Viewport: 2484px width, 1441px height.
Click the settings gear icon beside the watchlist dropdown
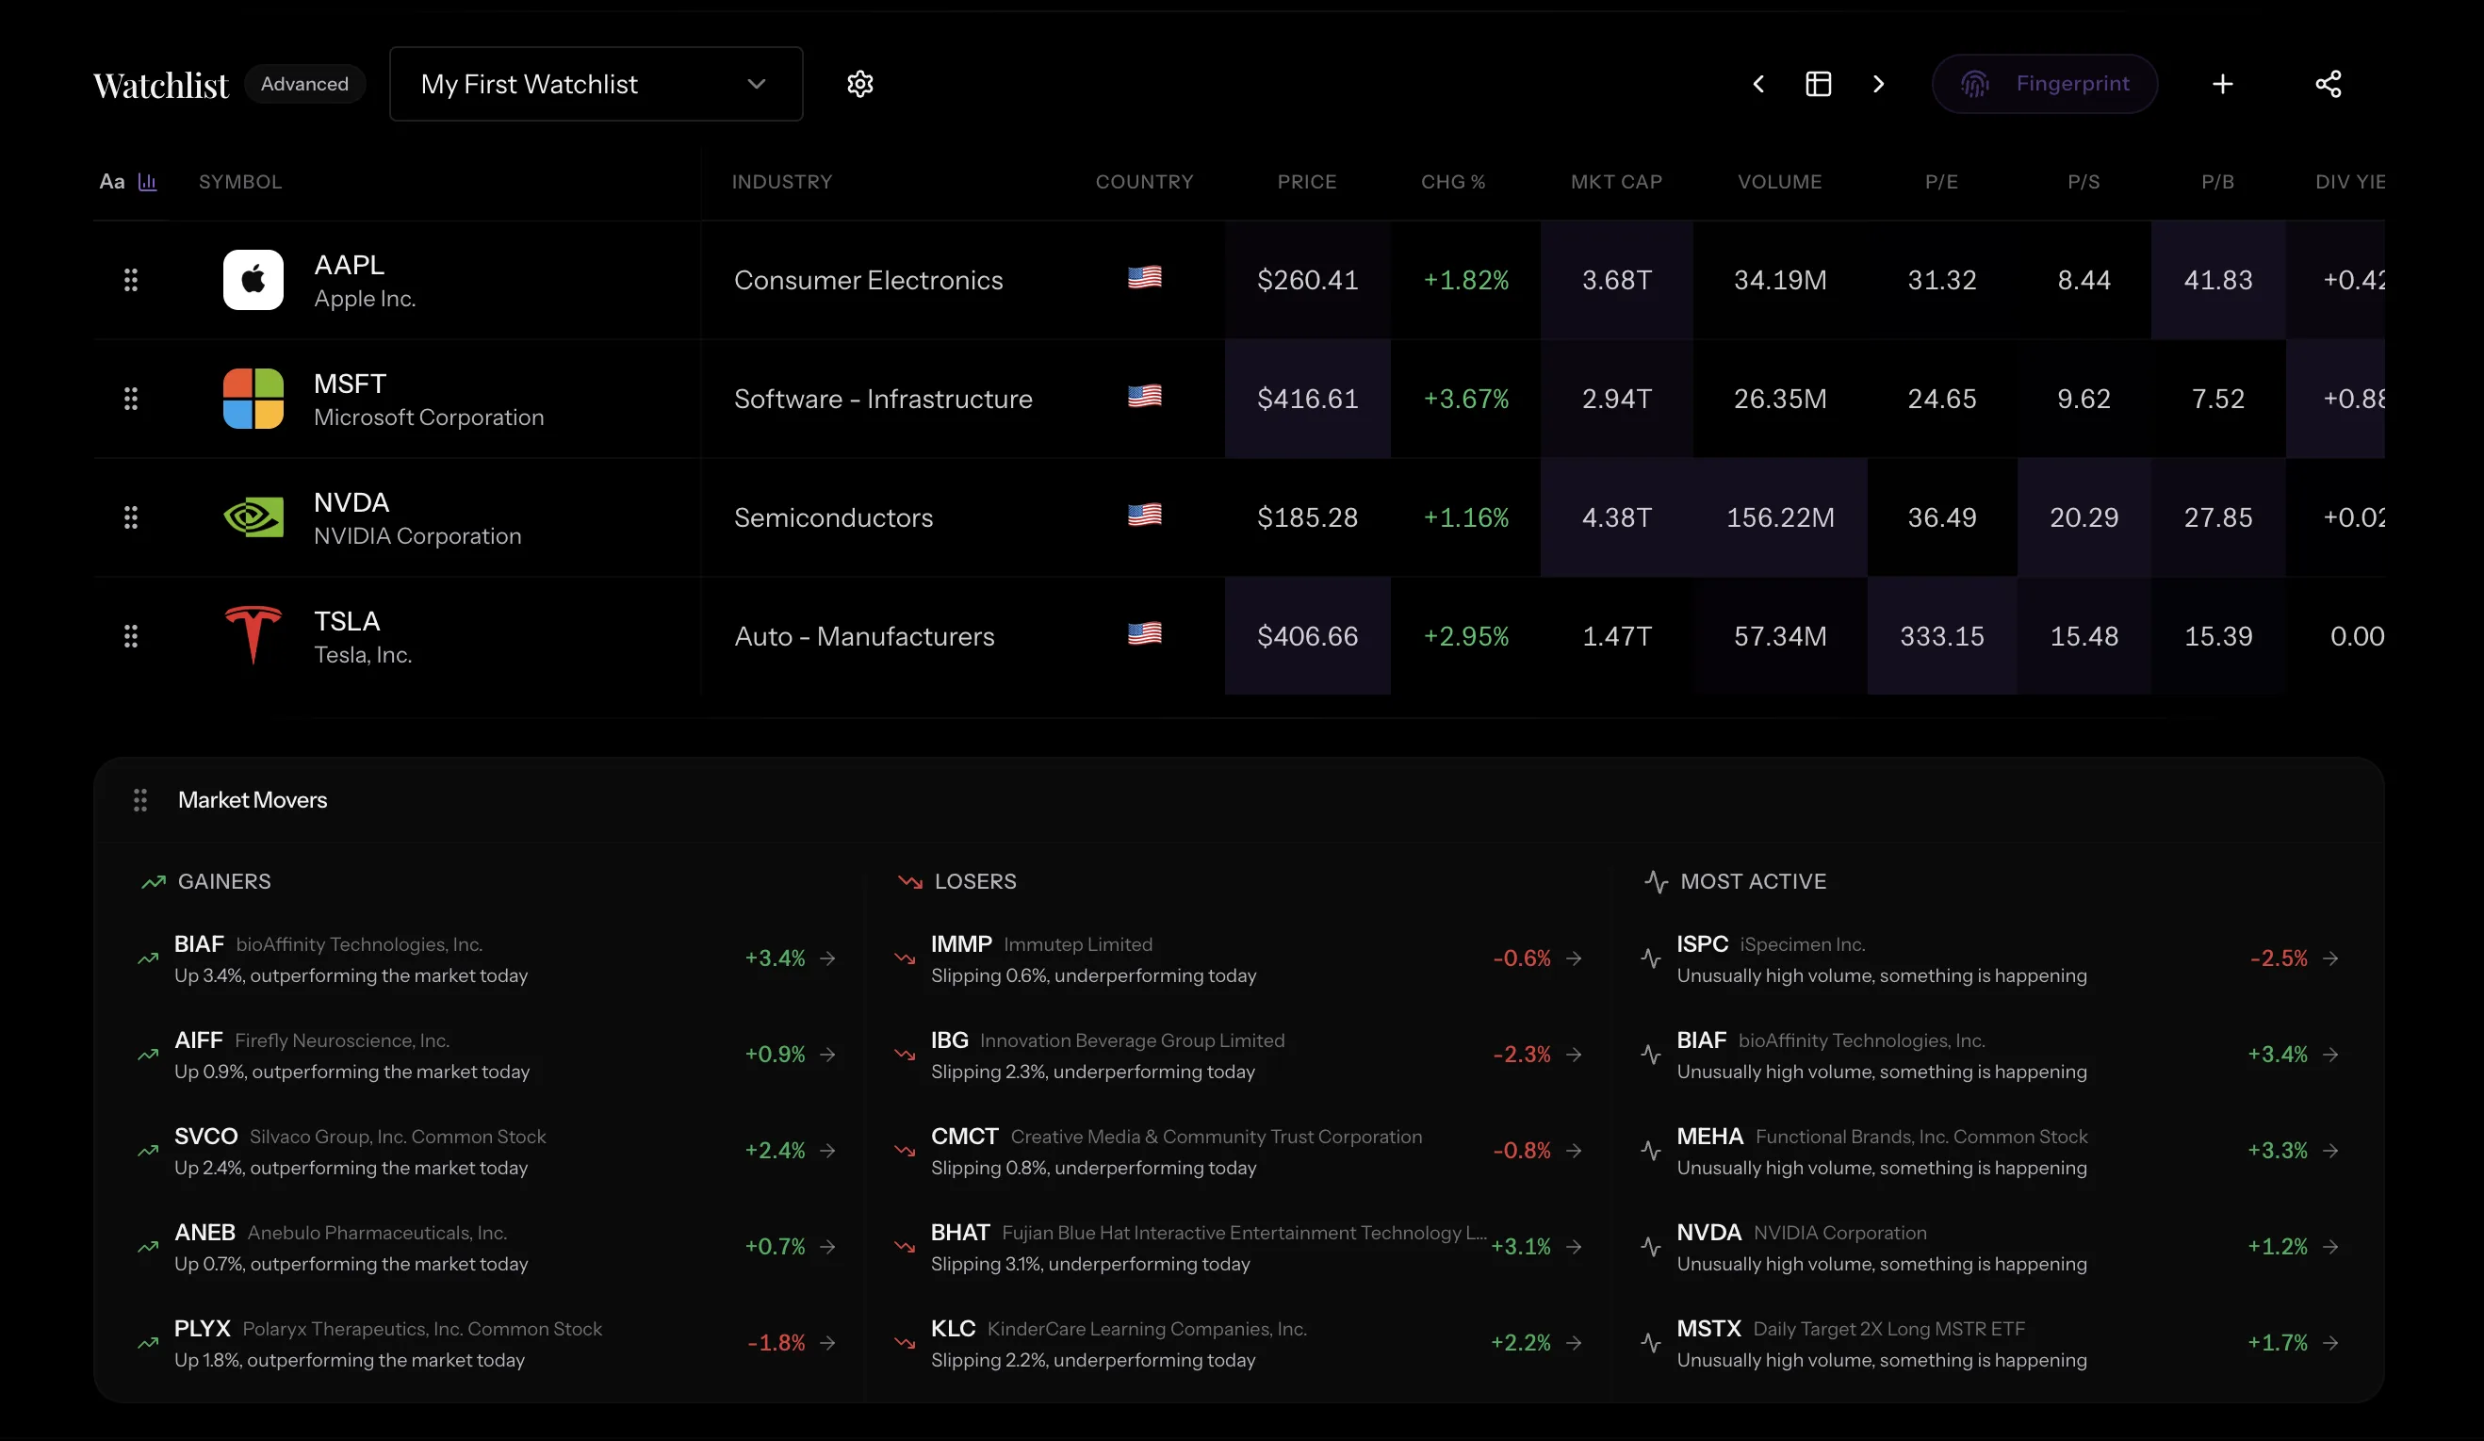859,84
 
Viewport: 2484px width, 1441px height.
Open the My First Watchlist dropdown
596,84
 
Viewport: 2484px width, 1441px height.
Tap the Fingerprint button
2044,84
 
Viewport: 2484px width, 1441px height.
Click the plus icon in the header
2222,84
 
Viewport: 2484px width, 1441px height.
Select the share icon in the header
2328,84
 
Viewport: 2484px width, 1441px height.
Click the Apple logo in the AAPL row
253,280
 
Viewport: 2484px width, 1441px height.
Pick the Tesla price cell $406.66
1307,636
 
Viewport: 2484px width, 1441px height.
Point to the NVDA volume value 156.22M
1779,517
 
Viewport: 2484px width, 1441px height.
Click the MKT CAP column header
1615,181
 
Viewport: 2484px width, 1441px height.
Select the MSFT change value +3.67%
1464,400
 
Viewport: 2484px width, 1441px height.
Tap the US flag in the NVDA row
1143,516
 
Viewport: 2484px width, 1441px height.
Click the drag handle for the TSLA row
130,636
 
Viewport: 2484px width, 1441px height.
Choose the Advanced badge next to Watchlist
304,84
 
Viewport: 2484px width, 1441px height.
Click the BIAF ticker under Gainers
199,944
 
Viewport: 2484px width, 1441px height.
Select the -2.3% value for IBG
1521,1055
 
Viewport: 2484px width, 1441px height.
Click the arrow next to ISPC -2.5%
2330,958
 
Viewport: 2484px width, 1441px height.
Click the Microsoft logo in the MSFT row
253,400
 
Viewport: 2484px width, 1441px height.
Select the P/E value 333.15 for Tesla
1941,636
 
